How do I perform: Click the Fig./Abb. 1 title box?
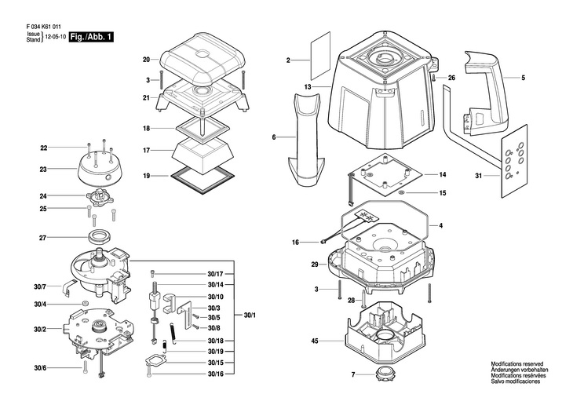click(91, 37)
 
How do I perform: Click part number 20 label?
click(146, 59)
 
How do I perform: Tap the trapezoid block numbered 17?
click(203, 155)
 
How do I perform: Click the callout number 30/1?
click(250, 315)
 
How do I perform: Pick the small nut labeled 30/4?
click(86, 303)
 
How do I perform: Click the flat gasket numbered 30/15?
click(155, 362)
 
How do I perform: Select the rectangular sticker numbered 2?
click(320, 56)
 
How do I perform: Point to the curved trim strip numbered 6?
click(305, 139)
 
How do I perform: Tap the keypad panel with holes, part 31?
click(514, 161)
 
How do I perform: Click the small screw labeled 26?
click(433, 78)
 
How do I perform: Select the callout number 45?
click(315, 341)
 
